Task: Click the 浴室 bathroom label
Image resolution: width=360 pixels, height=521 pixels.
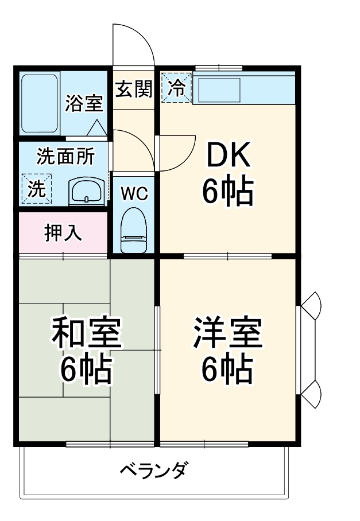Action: [84, 103]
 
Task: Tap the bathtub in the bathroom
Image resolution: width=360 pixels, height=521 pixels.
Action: [40, 103]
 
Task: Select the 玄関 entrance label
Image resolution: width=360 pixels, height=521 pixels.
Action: [134, 90]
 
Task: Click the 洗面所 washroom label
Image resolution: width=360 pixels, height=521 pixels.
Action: [66, 156]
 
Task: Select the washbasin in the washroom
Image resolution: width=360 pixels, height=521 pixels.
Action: [87, 191]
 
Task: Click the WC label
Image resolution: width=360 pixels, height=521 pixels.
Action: [134, 193]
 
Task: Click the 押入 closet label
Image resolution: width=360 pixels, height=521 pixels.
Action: [63, 233]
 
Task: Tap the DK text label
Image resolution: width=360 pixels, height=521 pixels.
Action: [228, 155]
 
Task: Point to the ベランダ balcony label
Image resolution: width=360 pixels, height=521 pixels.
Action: [153, 471]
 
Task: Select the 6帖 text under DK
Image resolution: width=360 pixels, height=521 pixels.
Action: [228, 191]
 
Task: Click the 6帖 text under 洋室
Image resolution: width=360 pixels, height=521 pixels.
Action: [227, 370]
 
